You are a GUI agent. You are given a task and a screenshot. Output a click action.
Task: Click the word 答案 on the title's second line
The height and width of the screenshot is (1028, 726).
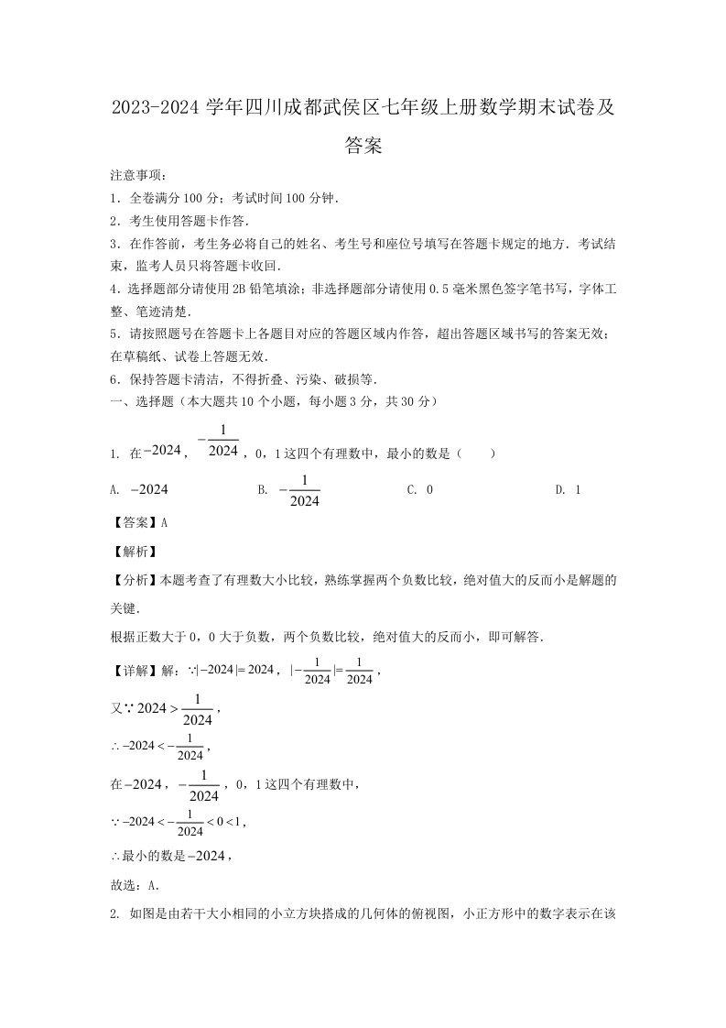pyautogui.click(x=363, y=145)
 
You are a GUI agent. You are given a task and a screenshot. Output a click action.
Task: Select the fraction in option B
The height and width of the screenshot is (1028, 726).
pyautogui.click(x=304, y=490)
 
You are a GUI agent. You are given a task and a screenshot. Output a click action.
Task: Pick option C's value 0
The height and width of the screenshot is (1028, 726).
pyautogui.click(x=429, y=489)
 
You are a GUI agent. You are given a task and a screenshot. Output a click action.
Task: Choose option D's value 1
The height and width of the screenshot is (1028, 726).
pyautogui.click(x=578, y=489)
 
